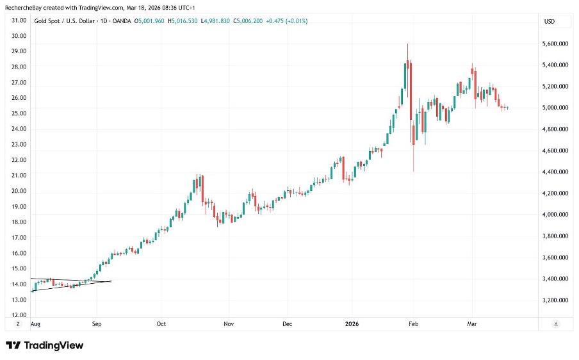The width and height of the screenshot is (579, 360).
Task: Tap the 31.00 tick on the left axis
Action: pyautogui.click(x=19, y=20)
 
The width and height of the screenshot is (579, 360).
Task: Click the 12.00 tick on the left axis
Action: pyautogui.click(x=19, y=315)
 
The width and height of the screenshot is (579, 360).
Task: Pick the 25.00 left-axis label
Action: pyautogui.click(x=19, y=113)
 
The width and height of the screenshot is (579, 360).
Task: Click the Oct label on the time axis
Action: pyautogui.click(x=161, y=324)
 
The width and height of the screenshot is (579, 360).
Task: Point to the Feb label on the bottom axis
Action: pyautogui.click(x=413, y=324)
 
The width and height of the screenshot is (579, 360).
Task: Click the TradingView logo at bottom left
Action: pyautogui.click(x=45, y=345)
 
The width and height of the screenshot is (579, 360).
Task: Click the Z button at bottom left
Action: pyautogui.click(x=18, y=324)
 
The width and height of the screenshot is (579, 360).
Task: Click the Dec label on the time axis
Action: pyautogui.click(x=287, y=324)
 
